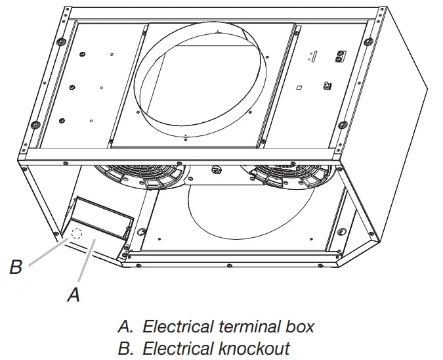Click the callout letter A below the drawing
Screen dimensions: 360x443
coord(74,295)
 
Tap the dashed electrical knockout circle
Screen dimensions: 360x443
coord(76,233)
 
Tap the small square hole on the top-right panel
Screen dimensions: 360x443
coord(298,87)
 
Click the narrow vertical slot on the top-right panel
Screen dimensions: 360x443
coord(314,56)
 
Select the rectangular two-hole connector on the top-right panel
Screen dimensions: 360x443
coord(339,57)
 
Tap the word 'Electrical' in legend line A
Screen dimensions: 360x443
coord(175,326)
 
